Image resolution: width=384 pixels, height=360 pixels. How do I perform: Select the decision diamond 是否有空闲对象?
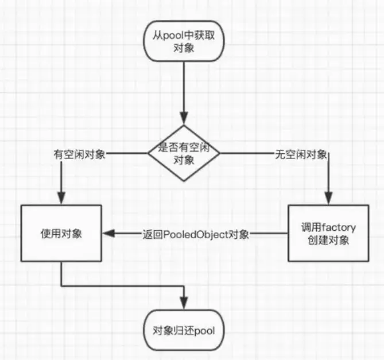[184, 153]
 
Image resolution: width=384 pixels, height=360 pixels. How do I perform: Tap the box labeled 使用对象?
[61, 234]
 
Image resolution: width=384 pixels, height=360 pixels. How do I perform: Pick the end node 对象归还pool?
[184, 331]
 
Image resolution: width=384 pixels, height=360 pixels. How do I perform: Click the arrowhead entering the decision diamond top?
[184, 119]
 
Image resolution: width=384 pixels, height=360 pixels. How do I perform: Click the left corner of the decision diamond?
[148, 153]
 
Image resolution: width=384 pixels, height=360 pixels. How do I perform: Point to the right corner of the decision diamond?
[220, 153]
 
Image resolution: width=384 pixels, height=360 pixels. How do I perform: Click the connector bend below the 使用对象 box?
[61, 285]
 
